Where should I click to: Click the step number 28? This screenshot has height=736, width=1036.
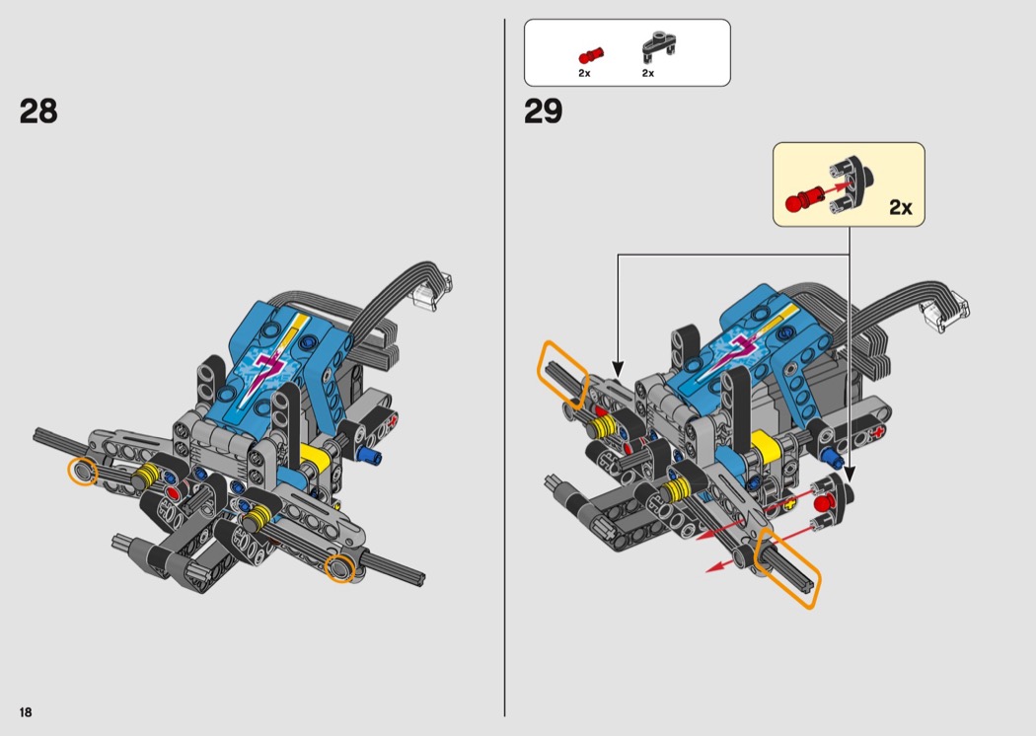coord(38,111)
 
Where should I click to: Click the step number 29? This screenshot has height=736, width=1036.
coord(543,111)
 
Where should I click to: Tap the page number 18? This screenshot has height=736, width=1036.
coord(26,712)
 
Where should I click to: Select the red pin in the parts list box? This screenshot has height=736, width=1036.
coord(591,55)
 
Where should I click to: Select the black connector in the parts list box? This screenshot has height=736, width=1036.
coord(658,45)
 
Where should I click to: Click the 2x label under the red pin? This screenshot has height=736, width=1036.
coord(584,73)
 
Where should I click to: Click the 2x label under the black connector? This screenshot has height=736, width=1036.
coord(648,73)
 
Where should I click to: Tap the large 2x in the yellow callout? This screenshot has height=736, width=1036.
coord(900,207)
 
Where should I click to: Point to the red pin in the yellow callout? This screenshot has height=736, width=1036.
coord(803,199)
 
